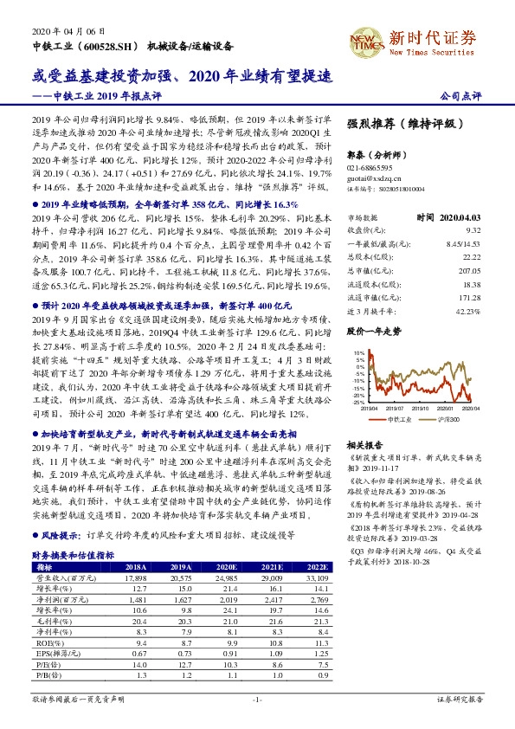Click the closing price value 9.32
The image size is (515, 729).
coord(473,231)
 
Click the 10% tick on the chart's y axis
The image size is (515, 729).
coord(355,353)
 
